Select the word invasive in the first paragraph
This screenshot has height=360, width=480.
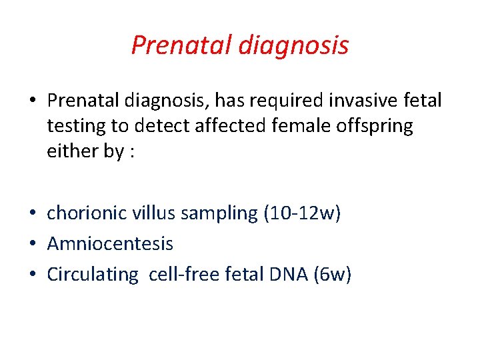pos(363,101)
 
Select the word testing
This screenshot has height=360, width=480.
pos(75,126)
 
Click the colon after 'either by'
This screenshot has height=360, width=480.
pos(133,152)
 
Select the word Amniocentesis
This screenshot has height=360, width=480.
pos(110,244)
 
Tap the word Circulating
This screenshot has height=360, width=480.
pos(92,275)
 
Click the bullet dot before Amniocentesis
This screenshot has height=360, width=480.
pos(33,245)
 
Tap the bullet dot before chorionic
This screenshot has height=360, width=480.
pos(33,215)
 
